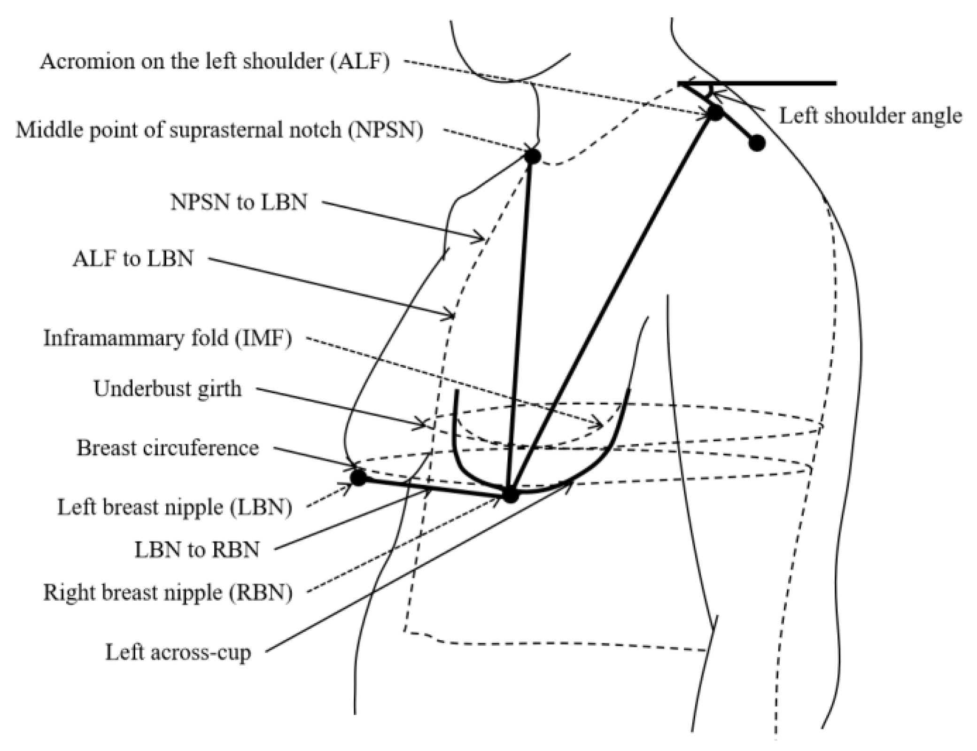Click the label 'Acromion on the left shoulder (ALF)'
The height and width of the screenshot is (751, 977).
[x=215, y=62]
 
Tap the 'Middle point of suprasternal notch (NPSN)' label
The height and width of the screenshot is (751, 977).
[x=219, y=130]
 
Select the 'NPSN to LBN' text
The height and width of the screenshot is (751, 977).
[x=239, y=202]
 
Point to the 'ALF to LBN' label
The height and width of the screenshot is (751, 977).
[x=133, y=259]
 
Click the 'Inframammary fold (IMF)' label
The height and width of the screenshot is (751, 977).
[x=168, y=338]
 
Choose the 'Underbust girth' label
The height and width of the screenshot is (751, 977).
[x=167, y=389]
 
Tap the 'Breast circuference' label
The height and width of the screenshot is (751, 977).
[x=168, y=448]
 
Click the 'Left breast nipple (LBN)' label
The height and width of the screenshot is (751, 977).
[x=175, y=507]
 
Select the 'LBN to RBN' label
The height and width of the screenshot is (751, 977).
[x=197, y=550]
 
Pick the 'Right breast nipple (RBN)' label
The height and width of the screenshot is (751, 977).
[x=168, y=592]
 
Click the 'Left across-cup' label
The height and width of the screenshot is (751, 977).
[x=178, y=652]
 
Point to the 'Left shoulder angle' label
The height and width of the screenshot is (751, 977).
[x=870, y=116]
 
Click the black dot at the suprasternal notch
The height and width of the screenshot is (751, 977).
[x=532, y=156]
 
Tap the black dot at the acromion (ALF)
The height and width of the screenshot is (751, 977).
[x=715, y=113]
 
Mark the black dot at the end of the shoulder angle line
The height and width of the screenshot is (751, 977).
[x=757, y=143]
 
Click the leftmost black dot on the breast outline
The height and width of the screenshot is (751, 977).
[x=358, y=478]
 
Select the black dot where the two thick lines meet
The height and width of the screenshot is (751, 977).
[x=511, y=495]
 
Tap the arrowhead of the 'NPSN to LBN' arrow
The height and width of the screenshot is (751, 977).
[x=483, y=239]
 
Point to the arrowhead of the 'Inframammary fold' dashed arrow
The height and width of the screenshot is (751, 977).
[x=601, y=426]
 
